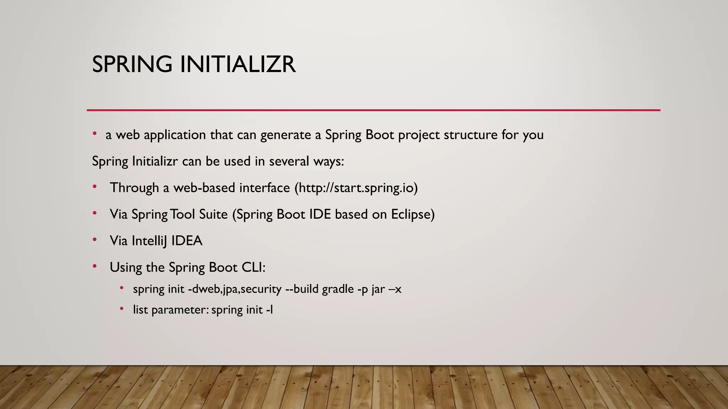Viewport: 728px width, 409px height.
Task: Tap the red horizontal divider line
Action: click(373, 110)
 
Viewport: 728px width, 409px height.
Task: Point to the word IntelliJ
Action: click(149, 241)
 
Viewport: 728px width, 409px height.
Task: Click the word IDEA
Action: click(187, 241)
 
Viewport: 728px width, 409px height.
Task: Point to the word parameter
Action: click(180, 310)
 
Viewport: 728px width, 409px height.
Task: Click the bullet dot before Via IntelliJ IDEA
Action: click(95, 240)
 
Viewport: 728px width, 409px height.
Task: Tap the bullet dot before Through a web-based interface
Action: click(95, 186)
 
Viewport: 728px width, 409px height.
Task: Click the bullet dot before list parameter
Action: click(122, 309)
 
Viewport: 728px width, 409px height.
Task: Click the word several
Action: click(289, 162)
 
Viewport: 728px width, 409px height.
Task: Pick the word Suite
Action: click(213, 214)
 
